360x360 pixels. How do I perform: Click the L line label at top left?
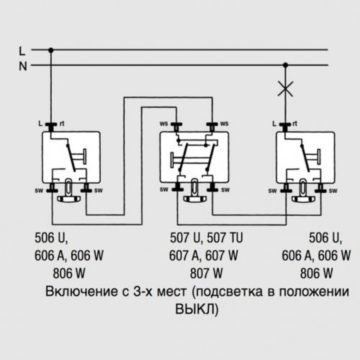pyautogui.click(x=22, y=51)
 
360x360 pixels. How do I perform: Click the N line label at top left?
pyautogui.click(x=23, y=66)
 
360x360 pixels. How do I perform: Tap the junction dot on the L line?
pyautogui.click(x=51, y=50)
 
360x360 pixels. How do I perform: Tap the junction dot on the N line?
pyautogui.click(x=285, y=65)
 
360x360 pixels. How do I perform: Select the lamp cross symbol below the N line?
pyautogui.click(x=285, y=88)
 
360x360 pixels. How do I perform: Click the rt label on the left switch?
pyautogui.click(x=62, y=123)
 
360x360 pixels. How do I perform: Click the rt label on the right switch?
pyautogui.click(x=295, y=123)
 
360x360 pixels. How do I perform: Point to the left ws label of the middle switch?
pyautogui.click(x=164, y=123)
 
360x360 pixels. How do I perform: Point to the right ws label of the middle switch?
pyautogui.click(x=224, y=123)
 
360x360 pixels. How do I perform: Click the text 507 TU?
pyautogui.click(x=225, y=238)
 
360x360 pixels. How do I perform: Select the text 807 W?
pyautogui.click(x=206, y=273)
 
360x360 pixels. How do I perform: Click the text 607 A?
pyautogui.click(x=184, y=256)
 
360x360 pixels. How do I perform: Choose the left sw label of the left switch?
pyautogui.click(x=39, y=190)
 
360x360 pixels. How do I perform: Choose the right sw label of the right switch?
pyautogui.click(x=333, y=190)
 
